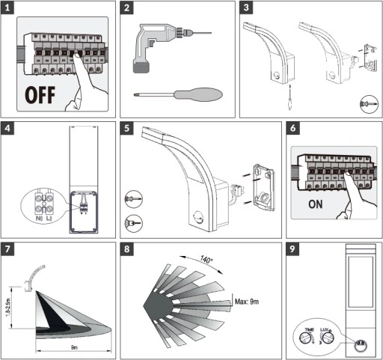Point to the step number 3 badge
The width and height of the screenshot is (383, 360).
(x=248, y=9)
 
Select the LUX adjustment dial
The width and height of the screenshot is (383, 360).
(x=327, y=337)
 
